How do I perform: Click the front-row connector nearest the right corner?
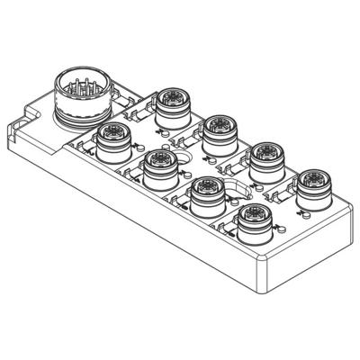254,220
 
